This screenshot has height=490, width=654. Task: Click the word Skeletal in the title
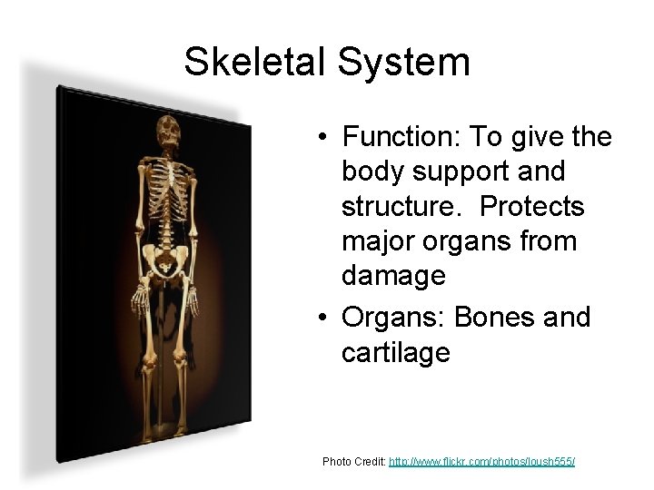(x=256, y=62)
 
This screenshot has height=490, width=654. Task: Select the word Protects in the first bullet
(x=532, y=206)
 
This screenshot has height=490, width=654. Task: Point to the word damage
(x=393, y=275)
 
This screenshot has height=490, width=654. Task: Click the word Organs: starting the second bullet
(x=395, y=318)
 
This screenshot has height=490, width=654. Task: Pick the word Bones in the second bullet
(x=491, y=318)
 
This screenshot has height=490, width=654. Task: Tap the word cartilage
(x=395, y=352)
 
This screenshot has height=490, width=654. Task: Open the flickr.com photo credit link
(x=481, y=462)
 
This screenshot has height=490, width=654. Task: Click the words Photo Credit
(x=353, y=462)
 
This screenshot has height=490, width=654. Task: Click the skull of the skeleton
(x=169, y=132)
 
